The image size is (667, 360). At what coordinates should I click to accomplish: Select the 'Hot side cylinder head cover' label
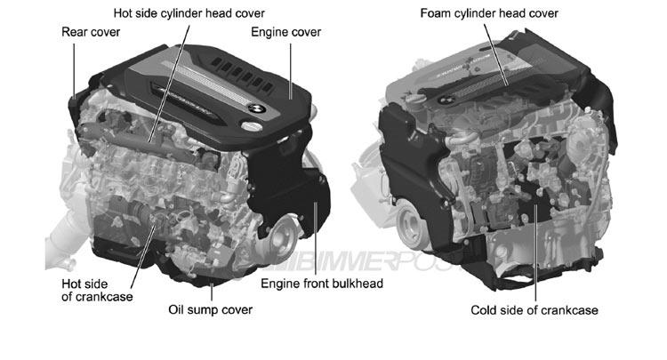tap(189, 12)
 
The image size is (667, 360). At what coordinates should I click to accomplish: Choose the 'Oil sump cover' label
tap(211, 310)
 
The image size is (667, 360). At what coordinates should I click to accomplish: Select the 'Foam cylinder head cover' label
tap(490, 12)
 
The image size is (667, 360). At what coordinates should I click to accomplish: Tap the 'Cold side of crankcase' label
tap(534, 310)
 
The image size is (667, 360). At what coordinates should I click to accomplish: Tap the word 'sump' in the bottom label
tap(212, 310)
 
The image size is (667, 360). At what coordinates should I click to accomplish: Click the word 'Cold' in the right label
tap(486, 310)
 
